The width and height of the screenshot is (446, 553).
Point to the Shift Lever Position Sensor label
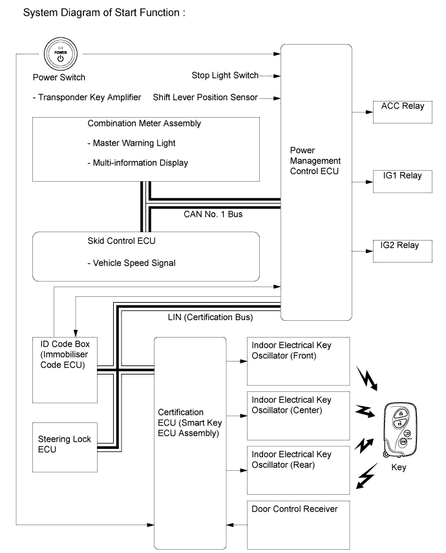[205, 98]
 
